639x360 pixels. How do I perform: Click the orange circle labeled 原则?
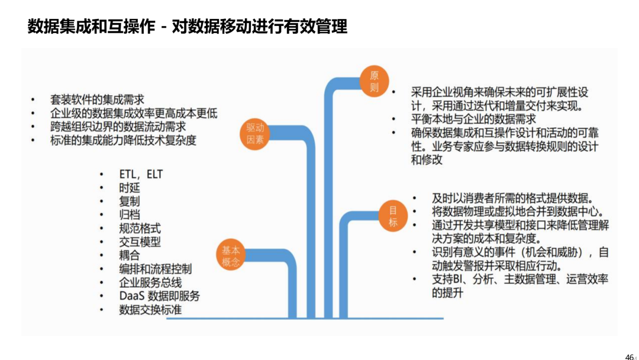tap(374, 81)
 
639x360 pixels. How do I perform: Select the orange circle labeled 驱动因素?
tap(255, 134)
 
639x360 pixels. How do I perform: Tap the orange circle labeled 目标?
tap(393, 216)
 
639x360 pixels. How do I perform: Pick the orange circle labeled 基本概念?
tap(231, 255)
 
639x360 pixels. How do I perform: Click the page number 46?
tap(629, 356)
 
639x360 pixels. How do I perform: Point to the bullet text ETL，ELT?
tap(141, 175)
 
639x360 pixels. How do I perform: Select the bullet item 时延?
tap(130, 188)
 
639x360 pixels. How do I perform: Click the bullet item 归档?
tap(130, 215)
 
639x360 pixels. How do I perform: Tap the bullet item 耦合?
tap(130, 256)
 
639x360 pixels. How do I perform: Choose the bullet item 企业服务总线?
tap(150, 282)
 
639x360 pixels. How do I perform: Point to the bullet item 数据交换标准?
tap(150, 310)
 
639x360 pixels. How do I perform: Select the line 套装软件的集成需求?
tap(97, 99)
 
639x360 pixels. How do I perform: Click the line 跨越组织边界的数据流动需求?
tap(118, 127)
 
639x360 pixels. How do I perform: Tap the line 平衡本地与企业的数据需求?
tap(473, 120)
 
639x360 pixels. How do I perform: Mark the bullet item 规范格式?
tap(140, 229)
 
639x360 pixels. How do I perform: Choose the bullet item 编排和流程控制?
tap(155, 269)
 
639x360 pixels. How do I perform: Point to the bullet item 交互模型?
tap(140, 242)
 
